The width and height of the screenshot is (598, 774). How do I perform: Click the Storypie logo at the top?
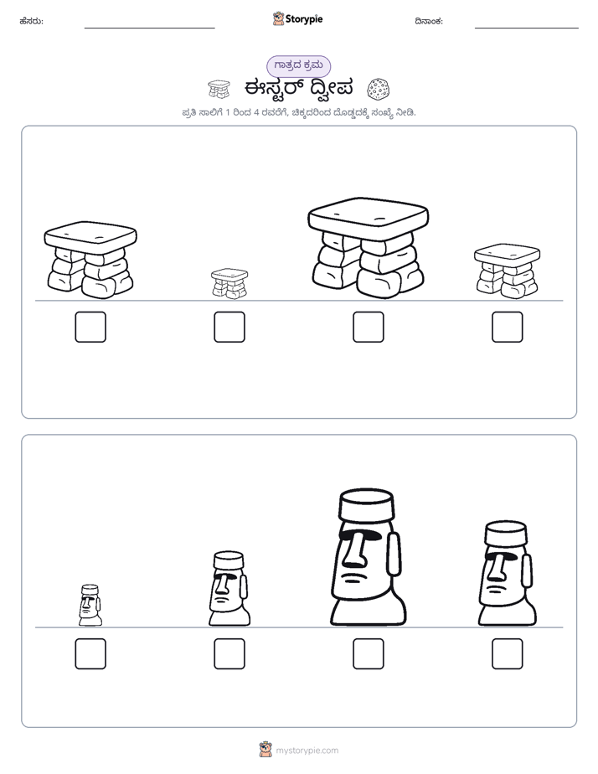click(x=297, y=18)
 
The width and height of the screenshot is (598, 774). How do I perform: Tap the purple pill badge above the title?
click(x=298, y=65)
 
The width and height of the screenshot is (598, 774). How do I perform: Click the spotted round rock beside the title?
click(x=379, y=89)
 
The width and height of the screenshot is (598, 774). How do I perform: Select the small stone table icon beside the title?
click(x=219, y=89)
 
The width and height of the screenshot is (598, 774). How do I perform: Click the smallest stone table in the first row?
click(x=229, y=283)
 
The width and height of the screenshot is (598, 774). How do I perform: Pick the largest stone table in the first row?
click(x=368, y=248)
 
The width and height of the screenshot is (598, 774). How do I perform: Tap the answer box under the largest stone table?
click(x=368, y=327)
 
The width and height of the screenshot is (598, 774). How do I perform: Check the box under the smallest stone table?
click(x=229, y=327)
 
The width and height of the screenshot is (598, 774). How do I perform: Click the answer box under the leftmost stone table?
click(x=90, y=327)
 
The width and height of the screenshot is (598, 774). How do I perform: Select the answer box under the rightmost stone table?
click(x=508, y=327)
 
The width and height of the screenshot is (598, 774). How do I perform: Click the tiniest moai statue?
click(x=90, y=605)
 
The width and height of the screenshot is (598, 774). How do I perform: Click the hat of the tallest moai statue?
click(x=367, y=504)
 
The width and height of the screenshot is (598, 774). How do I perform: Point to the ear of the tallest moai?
click(x=394, y=554)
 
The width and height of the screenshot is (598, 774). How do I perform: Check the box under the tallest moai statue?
click(x=368, y=654)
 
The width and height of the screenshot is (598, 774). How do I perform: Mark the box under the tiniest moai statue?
click(x=90, y=654)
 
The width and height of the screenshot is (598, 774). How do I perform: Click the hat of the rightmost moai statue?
click(x=506, y=533)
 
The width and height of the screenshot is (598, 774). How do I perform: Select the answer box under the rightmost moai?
click(x=508, y=654)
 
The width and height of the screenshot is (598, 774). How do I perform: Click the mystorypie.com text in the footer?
click(x=307, y=751)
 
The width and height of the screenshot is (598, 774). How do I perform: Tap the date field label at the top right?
click(x=429, y=21)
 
